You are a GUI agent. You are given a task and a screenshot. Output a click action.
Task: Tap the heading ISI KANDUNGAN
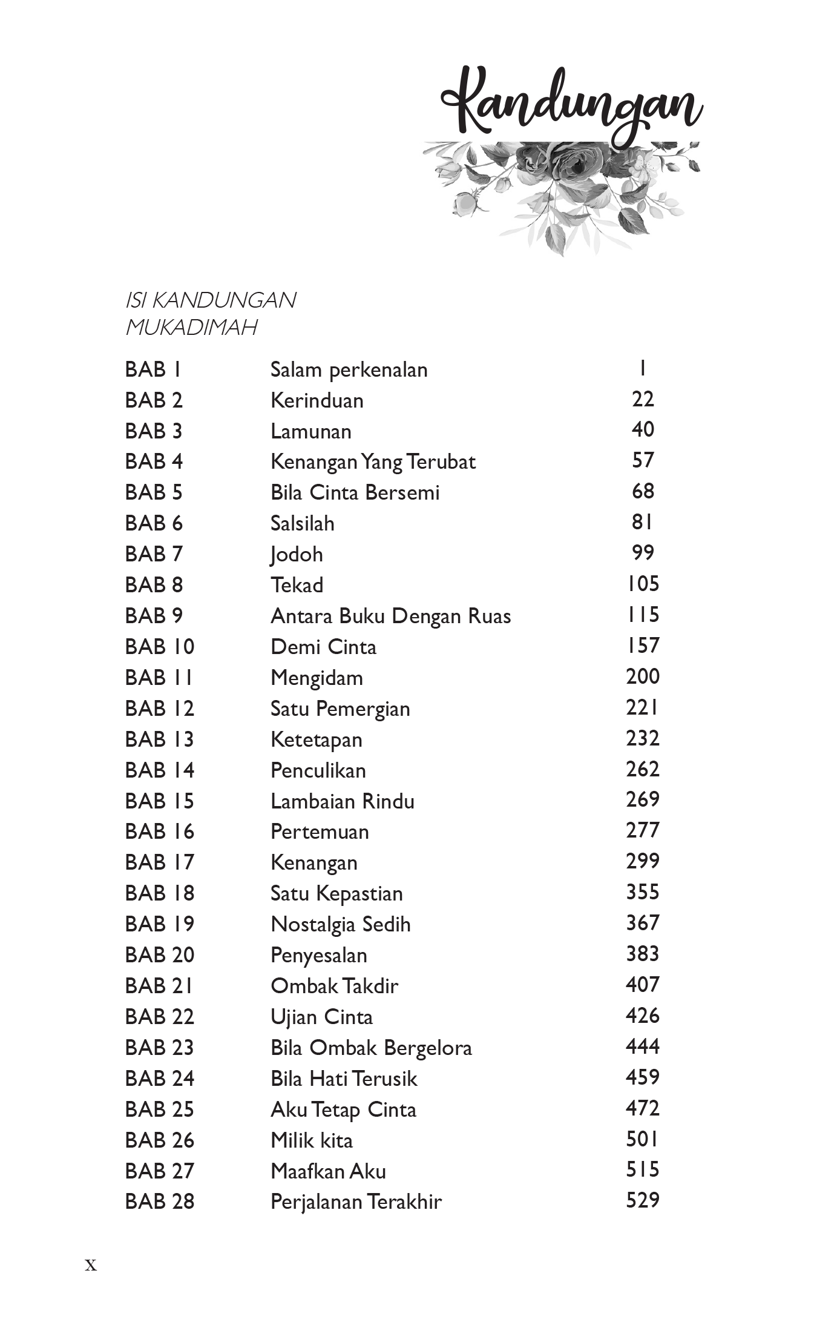click(210, 300)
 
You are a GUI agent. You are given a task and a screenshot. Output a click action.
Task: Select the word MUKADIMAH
click(191, 328)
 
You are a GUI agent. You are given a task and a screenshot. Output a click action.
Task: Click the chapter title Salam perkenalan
click(349, 369)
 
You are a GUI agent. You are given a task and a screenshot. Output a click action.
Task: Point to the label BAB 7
click(153, 554)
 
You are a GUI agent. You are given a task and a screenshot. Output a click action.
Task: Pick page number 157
click(642, 646)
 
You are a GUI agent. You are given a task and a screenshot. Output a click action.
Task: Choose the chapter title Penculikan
click(318, 770)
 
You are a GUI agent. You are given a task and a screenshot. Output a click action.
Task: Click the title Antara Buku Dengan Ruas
click(390, 616)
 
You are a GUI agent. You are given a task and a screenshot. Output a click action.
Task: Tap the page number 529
click(642, 1200)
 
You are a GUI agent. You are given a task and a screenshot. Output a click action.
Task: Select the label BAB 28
click(159, 1201)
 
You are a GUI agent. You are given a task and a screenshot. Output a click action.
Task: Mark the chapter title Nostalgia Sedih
click(340, 924)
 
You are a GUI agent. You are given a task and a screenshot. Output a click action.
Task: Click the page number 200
click(642, 676)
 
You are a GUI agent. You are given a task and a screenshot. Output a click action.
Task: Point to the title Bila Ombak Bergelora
click(371, 1048)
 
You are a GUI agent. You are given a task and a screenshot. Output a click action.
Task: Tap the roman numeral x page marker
click(91, 1264)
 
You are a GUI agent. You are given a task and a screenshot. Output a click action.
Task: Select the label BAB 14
click(159, 770)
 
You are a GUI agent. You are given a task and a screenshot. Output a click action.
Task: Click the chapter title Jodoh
click(297, 554)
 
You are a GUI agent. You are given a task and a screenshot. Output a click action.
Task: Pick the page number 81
click(642, 522)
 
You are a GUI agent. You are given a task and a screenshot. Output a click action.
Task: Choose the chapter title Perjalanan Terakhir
click(356, 1201)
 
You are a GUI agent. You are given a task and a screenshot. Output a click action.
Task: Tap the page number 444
click(642, 1046)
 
